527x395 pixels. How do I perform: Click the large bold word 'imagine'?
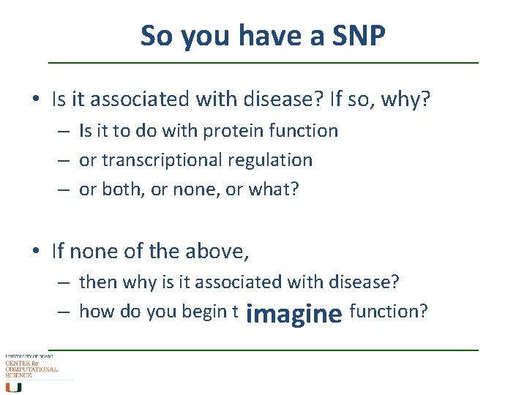(x=294, y=314)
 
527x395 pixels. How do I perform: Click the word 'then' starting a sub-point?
(x=97, y=282)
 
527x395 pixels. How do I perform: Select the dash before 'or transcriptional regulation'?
(x=65, y=160)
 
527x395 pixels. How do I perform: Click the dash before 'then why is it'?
(x=65, y=282)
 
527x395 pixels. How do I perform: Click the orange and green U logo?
(x=14, y=385)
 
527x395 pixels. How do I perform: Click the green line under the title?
(x=263, y=63)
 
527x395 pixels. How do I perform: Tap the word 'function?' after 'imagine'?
(x=388, y=312)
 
